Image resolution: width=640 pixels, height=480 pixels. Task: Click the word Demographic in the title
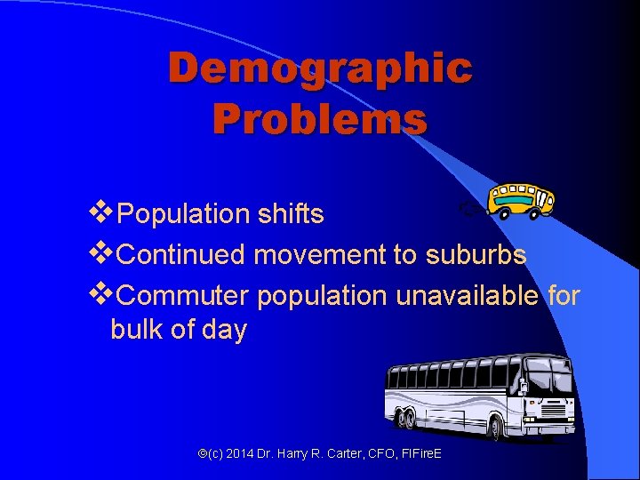click(320, 69)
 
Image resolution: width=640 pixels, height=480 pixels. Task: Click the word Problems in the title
click(320, 117)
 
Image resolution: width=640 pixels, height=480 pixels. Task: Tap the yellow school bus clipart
click(522, 200)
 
